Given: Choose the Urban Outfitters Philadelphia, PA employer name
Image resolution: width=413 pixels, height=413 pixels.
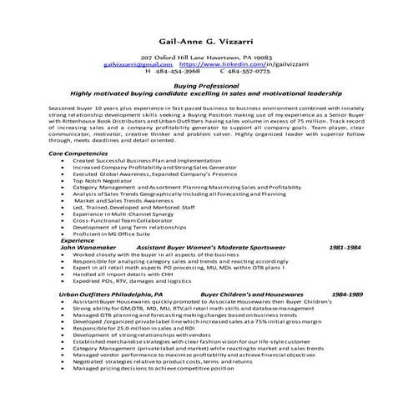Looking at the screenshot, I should point(106,295).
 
